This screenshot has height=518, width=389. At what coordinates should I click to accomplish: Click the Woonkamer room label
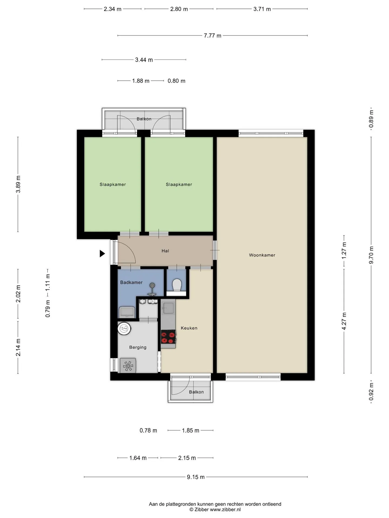(262, 255)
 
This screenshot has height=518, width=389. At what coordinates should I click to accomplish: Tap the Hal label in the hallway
(165, 251)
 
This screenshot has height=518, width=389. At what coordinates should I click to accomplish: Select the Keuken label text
(189, 328)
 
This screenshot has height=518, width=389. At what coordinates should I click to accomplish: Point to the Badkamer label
(131, 282)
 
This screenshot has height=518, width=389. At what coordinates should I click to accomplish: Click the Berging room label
(138, 347)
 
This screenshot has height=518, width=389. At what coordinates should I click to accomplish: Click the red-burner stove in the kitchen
(168, 338)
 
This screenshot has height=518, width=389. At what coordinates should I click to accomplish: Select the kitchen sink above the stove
(168, 308)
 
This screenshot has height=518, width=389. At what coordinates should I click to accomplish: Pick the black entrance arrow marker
(102, 254)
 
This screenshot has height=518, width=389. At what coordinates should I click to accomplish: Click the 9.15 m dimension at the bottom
(196, 477)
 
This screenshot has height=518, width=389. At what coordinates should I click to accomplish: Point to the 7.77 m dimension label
(213, 36)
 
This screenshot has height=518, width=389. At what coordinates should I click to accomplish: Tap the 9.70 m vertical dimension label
(371, 255)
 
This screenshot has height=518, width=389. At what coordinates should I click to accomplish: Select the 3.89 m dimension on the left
(18, 184)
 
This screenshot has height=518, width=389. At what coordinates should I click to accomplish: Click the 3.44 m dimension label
(144, 60)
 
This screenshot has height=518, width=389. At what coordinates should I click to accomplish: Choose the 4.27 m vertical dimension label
(344, 321)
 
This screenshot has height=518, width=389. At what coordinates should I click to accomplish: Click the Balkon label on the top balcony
(144, 119)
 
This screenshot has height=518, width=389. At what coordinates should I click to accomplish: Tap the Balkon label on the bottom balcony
(196, 392)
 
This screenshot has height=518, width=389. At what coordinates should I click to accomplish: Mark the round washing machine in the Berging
(124, 329)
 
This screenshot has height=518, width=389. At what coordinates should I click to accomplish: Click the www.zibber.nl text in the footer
(225, 510)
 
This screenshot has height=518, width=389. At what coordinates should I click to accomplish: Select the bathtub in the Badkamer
(127, 312)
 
